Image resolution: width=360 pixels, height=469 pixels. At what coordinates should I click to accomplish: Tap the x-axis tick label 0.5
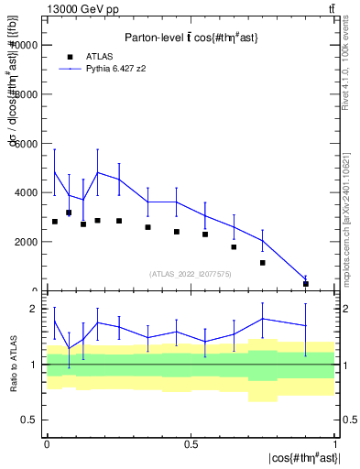click(x=191, y=444)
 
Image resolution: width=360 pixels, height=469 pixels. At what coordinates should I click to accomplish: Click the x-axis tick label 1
click(x=335, y=444)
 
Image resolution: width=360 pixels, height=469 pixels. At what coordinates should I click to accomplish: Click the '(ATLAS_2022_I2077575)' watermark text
click(x=191, y=273)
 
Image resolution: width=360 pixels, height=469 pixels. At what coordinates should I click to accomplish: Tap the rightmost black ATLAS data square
click(x=306, y=284)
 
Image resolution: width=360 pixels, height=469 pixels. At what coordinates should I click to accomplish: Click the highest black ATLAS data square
click(x=69, y=213)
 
